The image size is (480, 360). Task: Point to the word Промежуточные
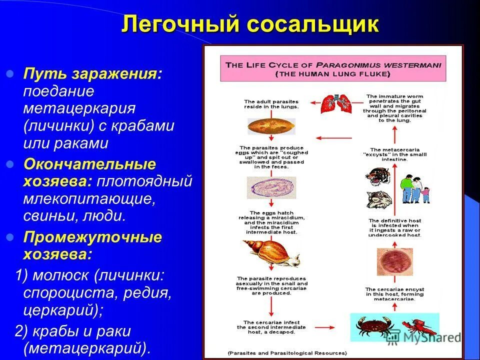click(92, 236)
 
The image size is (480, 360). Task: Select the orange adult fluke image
click(270, 125)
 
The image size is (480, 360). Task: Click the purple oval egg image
click(270, 188)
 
